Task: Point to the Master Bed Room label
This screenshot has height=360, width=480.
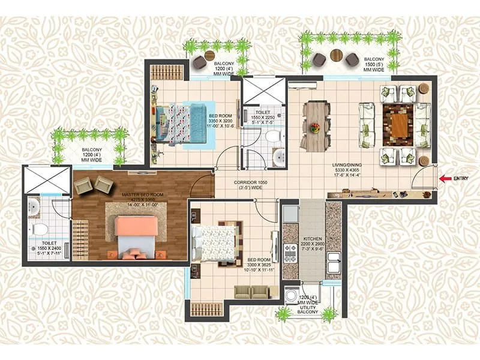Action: click(x=142, y=199)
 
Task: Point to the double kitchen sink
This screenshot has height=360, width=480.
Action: click(x=333, y=262)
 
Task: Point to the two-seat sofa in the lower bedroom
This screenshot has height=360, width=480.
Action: click(x=252, y=292)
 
